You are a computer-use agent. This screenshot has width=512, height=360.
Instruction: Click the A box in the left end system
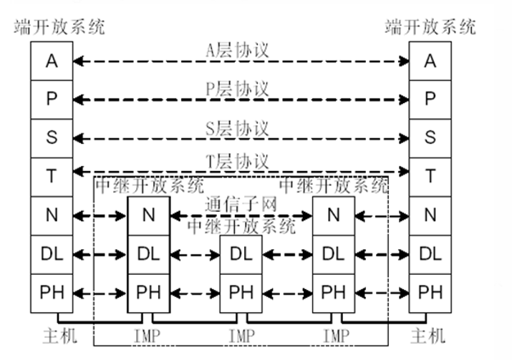(x=51, y=61)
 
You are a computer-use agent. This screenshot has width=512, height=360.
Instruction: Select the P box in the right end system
(x=430, y=99)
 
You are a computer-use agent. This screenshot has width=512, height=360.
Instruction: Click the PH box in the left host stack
(x=51, y=292)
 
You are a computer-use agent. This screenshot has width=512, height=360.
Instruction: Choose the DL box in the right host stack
(x=430, y=253)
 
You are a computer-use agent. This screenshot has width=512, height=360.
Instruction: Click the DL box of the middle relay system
(x=241, y=254)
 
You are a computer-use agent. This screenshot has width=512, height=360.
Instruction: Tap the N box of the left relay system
(x=148, y=215)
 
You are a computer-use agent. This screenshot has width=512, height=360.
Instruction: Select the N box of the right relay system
(x=333, y=215)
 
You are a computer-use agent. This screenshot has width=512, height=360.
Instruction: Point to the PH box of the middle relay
(x=241, y=292)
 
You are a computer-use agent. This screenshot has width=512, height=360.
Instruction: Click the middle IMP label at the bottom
(x=241, y=335)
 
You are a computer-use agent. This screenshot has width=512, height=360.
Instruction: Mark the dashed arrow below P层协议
(x=240, y=100)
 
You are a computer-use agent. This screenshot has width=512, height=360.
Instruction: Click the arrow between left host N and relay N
(x=100, y=215)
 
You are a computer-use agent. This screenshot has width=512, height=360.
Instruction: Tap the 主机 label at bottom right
(x=430, y=335)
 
